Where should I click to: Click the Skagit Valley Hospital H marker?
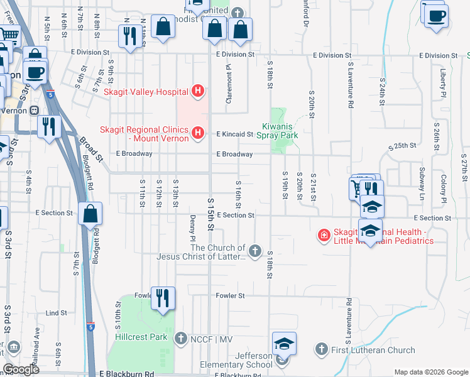click(198, 91)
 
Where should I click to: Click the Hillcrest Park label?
click(141, 337)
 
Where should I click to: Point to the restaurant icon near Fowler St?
click(163, 298)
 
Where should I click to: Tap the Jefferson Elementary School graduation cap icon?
click(284, 344)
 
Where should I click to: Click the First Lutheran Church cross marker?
click(322, 349)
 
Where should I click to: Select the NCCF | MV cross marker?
click(180, 338)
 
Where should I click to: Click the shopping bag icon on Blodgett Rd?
click(90, 214)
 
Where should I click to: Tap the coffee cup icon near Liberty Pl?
click(436, 15)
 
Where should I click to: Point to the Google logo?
click(21, 369)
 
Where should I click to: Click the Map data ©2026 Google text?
click(430, 372)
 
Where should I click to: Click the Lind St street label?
click(56, 312)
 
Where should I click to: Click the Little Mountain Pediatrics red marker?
click(324, 236)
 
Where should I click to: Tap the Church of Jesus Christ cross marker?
click(254, 251)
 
